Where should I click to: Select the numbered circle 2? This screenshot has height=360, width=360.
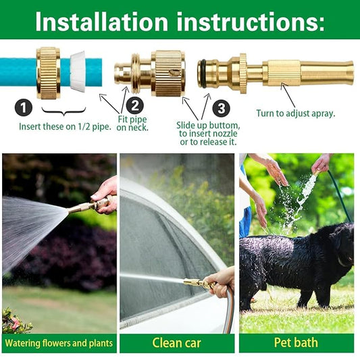(x=135, y=105)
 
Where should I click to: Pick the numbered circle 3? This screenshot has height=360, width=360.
(x=221, y=108)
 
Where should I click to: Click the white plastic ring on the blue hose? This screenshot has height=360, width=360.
(x=76, y=70)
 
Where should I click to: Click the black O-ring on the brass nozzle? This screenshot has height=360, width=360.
(x=202, y=72)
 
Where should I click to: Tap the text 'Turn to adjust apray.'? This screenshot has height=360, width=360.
(x=295, y=113)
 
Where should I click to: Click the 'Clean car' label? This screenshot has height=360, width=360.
(x=176, y=342)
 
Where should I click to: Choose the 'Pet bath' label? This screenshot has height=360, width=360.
(x=295, y=342)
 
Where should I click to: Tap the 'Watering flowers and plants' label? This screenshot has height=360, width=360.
(x=59, y=343)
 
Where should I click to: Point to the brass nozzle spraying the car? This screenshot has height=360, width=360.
(x=197, y=284)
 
